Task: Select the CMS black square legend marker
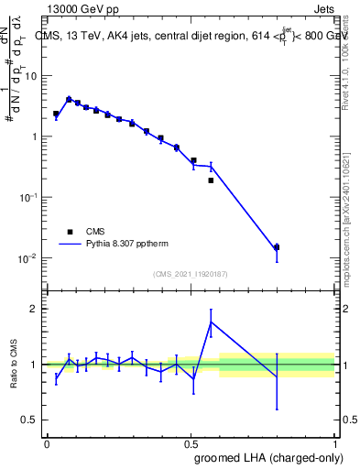[x=70, y=232]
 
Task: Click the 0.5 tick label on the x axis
[x=191, y=444]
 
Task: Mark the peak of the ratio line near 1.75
[x=211, y=322]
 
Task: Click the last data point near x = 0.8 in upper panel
[x=277, y=247]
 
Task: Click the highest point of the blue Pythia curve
[x=69, y=99]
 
